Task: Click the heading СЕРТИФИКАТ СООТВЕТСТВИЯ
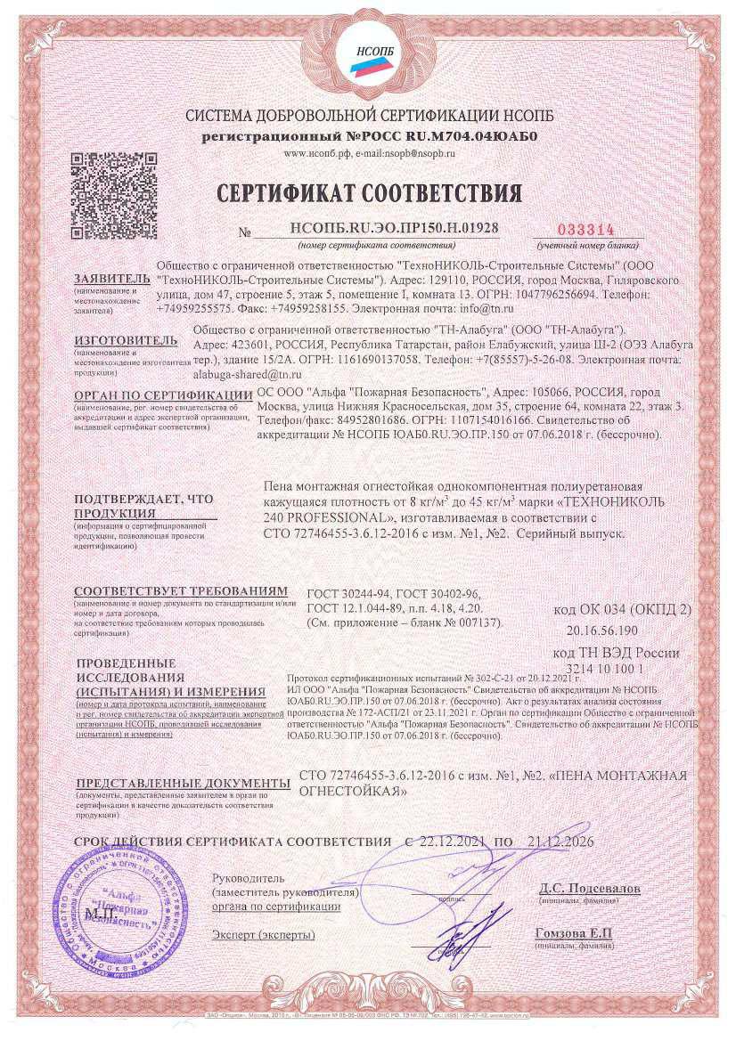tap(367, 192)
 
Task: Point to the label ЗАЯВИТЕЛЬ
tap(106, 277)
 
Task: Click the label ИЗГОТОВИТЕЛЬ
tap(120, 339)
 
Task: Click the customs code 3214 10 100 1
tap(616, 667)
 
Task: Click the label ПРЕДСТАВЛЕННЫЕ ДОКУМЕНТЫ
tap(182, 783)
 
